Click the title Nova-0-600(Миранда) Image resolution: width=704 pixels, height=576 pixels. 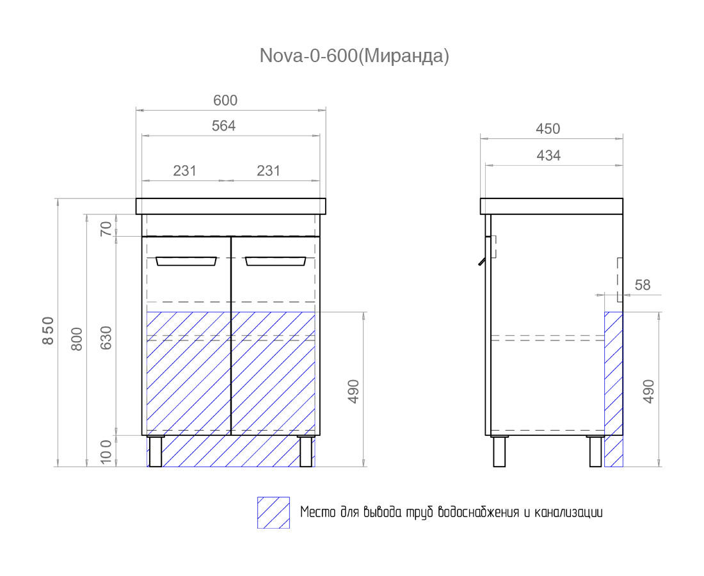point(355,56)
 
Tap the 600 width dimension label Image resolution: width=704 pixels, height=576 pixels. point(225,100)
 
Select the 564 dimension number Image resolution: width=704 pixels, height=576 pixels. point(223,125)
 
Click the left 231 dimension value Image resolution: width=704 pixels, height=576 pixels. point(184,171)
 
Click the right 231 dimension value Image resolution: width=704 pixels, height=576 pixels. point(268,171)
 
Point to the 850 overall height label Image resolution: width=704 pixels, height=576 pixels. point(48,331)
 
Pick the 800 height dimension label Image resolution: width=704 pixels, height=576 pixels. point(77,339)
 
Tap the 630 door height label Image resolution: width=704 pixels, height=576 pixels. point(106,338)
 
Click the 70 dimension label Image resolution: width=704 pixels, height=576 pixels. point(106,229)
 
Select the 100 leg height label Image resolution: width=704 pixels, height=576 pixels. point(106,452)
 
